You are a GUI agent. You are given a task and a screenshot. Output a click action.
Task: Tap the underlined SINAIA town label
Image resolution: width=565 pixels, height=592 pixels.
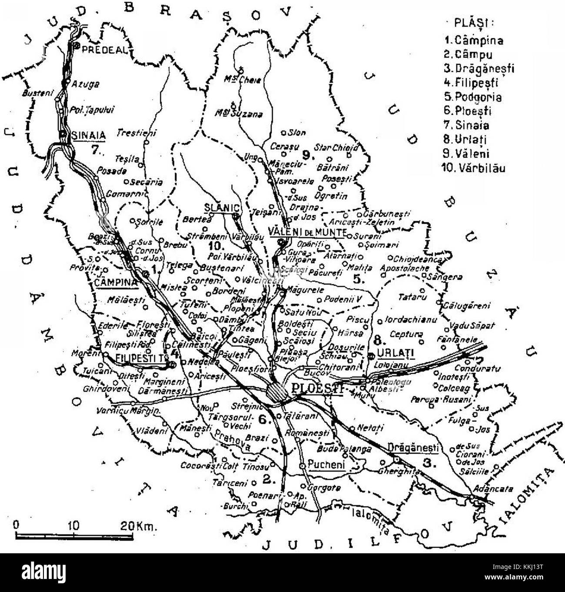[89, 135]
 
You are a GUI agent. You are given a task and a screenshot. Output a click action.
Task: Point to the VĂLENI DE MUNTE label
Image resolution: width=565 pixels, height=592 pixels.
[307, 232]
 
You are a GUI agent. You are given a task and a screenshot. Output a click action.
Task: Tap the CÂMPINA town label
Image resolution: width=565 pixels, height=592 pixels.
[116, 282]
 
